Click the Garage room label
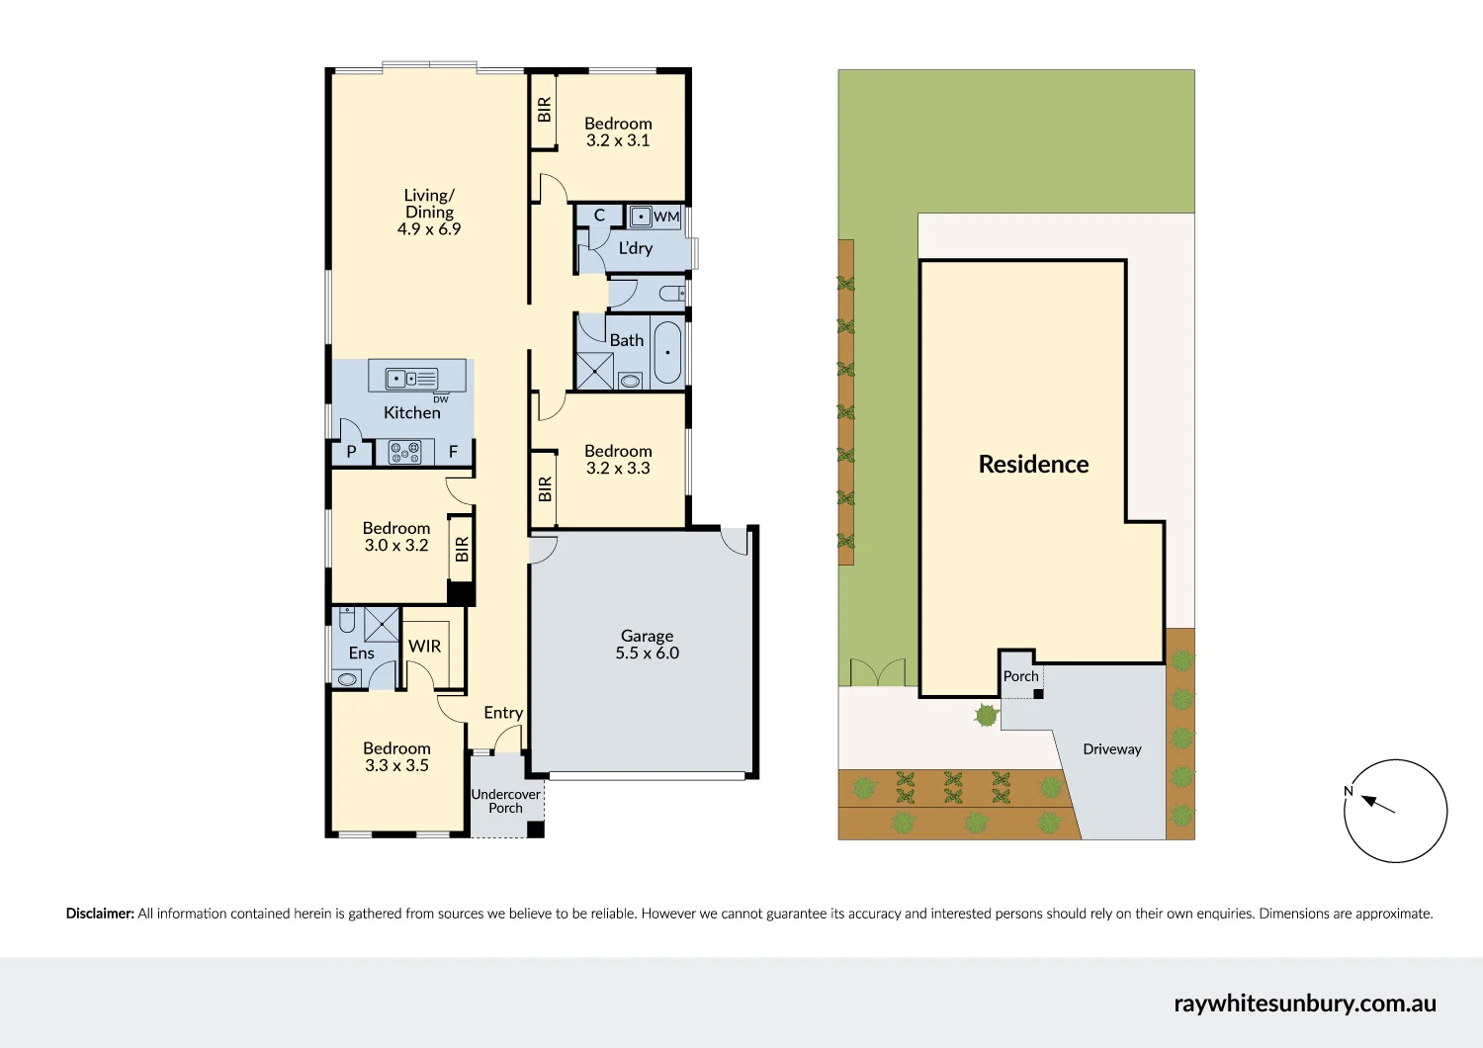(647, 636)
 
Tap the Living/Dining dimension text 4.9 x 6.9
(429, 229)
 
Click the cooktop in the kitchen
(404, 453)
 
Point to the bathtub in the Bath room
(667, 353)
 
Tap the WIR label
(425, 647)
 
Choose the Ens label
(362, 654)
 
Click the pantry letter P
(351, 453)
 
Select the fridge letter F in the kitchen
(454, 453)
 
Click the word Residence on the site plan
(1033, 465)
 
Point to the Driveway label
(1112, 749)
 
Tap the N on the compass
(1349, 791)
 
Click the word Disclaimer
(100, 914)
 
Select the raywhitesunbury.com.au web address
(1305, 1004)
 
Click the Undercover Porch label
(505, 801)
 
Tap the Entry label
(503, 713)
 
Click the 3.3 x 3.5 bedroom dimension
(396, 766)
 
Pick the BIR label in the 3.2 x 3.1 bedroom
(544, 110)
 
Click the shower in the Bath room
(595, 370)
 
